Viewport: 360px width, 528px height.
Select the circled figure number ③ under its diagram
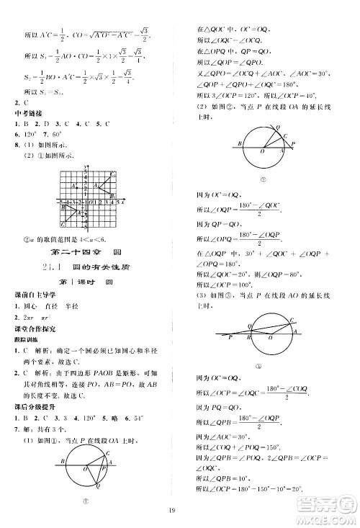click(257, 367)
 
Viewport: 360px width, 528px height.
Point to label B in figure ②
click(238, 145)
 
